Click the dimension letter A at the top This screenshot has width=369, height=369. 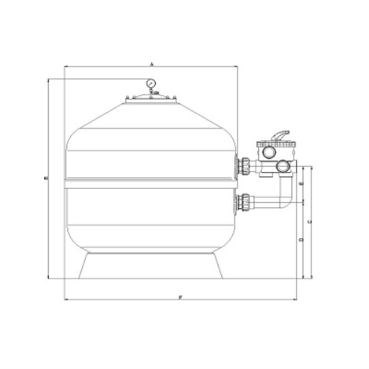coord(151,65)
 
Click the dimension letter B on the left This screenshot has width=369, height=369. coord(45,178)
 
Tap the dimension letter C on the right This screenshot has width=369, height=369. coord(309,221)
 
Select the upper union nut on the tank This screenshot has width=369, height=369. coord(243,165)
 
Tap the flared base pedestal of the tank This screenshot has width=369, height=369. coord(151,266)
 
